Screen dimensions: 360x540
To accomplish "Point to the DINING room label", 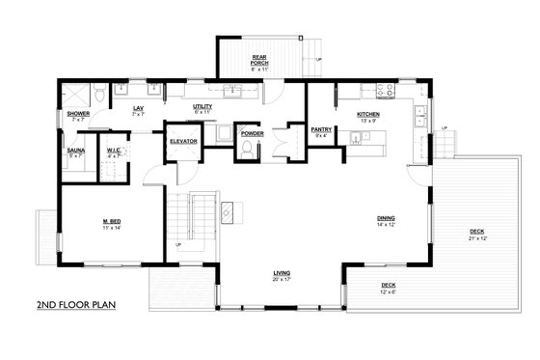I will pos(386,219).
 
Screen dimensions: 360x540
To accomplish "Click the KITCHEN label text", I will pos(368,114).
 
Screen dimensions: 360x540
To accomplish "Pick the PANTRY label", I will pos(321,128).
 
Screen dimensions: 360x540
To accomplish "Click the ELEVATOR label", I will pos(183,142).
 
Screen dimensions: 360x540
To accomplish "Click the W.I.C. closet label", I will pos(114,150).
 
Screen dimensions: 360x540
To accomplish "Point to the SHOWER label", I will pos(78,114).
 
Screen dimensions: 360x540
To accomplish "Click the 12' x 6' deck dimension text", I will pos(389,291).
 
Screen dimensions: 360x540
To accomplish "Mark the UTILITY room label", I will pos(202,109).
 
